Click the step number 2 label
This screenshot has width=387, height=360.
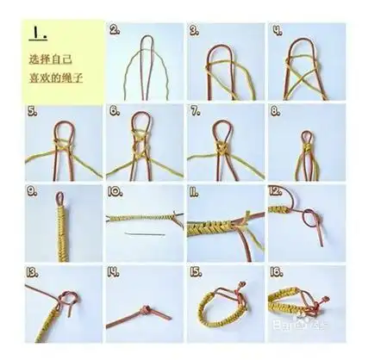click(x=114, y=28)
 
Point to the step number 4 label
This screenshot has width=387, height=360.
click(x=278, y=28)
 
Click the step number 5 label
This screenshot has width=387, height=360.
click(x=32, y=111)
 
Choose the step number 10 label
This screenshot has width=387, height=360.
click(x=115, y=190)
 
